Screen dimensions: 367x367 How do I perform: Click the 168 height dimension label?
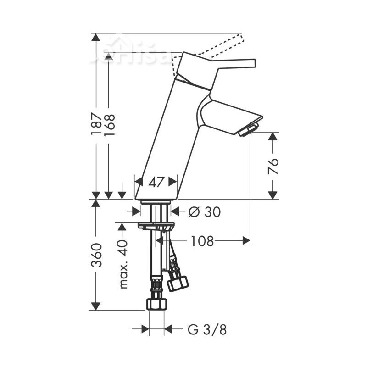(x=109, y=124)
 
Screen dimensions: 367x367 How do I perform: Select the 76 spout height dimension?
(x=273, y=166)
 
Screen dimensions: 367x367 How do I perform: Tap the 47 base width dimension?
(x=156, y=182)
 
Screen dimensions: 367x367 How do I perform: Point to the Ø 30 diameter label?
(x=205, y=211)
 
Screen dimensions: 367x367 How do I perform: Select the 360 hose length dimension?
(x=96, y=255)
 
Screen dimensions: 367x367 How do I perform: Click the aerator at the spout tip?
(x=250, y=129)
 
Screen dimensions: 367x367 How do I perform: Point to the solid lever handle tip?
(x=250, y=63)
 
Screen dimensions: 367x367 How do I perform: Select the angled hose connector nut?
(x=178, y=282)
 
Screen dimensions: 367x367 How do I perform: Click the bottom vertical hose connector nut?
(x=156, y=304)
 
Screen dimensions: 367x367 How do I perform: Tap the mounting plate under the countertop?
(x=156, y=225)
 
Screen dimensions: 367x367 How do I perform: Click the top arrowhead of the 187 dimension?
(x=96, y=37)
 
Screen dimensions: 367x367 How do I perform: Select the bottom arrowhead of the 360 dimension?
(x=96, y=306)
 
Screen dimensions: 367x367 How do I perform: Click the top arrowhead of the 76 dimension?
(x=273, y=136)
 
